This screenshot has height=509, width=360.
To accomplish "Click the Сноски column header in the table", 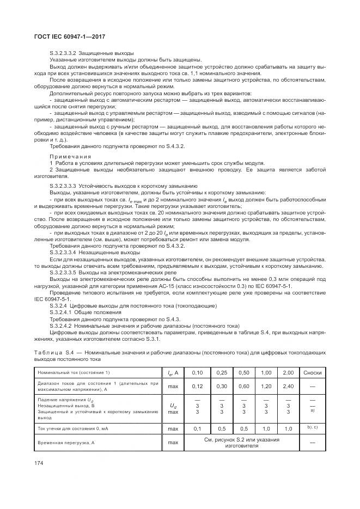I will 313,372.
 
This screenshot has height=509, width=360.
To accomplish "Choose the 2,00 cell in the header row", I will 288,372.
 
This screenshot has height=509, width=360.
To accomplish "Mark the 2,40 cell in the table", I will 288,386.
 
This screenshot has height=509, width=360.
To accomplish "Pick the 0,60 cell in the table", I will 243,386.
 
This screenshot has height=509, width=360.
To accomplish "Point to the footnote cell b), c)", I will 313,428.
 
